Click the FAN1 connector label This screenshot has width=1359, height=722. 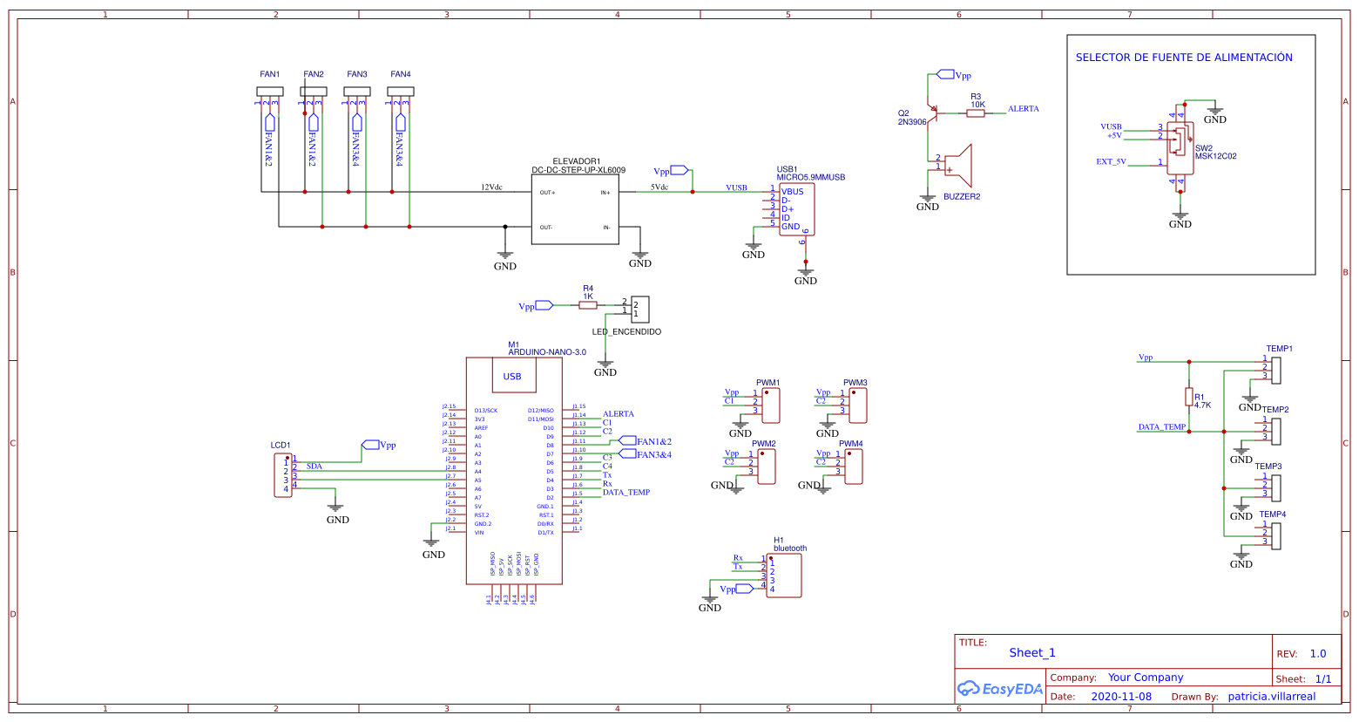[269, 74]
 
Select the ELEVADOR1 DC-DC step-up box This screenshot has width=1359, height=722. [575, 209]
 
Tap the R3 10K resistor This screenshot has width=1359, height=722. [976, 112]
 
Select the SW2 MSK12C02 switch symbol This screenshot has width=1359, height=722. [1180, 147]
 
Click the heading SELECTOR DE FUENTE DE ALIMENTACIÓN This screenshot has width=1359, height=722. [1183, 58]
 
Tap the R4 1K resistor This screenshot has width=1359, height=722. [588, 305]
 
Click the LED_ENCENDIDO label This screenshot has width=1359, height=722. [626, 332]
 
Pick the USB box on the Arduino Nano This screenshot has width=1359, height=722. [512, 377]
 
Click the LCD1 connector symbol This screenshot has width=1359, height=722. [283, 474]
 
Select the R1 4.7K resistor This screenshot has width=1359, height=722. [1188, 397]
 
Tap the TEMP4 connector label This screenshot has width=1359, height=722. [1272, 514]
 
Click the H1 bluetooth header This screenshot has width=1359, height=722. [784, 576]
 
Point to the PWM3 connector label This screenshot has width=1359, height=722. [855, 383]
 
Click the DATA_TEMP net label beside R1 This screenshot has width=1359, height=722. [1161, 427]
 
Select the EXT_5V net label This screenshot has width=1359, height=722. [1111, 161]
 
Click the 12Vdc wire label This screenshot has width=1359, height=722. [491, 187]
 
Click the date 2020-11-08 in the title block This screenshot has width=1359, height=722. [1120, 697]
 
